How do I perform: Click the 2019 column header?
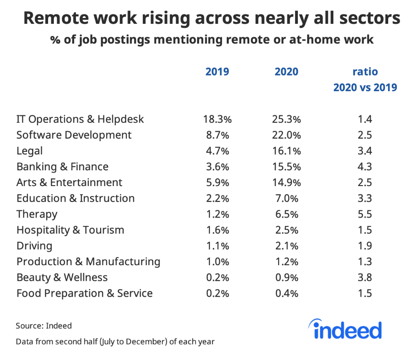(x=217, y=72)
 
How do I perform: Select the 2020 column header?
(x=286, y=72)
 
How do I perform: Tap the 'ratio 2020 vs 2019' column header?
(x=365, y=79)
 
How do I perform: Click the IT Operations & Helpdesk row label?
(x=80, y=119)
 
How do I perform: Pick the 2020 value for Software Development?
(x=286, y=135)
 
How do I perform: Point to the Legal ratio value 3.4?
(x=365, y=151)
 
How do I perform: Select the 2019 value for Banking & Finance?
(x=217, y=167)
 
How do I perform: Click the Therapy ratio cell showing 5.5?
(x=365, y=214)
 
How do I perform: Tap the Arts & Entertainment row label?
(x=69, y=182)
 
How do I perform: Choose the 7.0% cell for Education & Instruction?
(x=286, y=198)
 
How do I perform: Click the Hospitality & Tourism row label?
(x=70, y=230)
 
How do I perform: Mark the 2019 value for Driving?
(x=217, y=246)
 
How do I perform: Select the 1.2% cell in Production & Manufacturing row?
(x=286, y=262)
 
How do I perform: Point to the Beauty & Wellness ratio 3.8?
(x=365, y=278)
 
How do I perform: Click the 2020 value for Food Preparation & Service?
(x=286, y=293)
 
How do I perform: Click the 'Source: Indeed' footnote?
(x=44, y=325)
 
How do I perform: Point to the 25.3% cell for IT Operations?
(x=286, y=119)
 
